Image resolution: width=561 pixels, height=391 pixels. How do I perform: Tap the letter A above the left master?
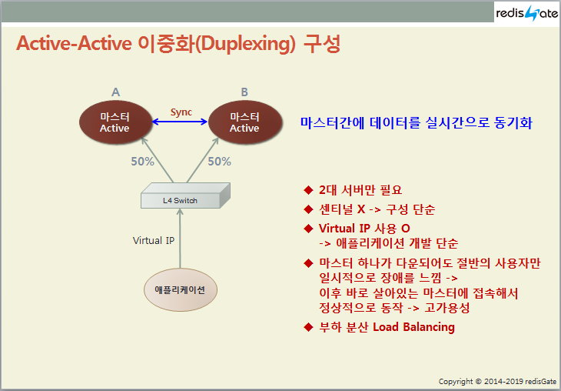click(x=115, y=92)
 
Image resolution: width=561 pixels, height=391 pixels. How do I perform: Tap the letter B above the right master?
click(x=244, y=92)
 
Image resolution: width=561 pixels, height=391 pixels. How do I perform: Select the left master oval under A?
click(x=115, y=122)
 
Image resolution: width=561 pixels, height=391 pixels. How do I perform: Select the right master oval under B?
click(x=244, y=122)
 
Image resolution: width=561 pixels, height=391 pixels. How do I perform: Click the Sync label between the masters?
click(x=181, y=112)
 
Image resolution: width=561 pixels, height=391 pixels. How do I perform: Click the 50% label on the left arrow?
click(x=142, y=162)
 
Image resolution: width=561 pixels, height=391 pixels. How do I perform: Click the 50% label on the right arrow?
click(x=219, y=162)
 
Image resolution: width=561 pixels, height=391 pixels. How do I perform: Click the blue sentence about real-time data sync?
click(x=417, y=122)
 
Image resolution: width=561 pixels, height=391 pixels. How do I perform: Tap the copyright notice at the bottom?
click(x=497, y=381)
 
